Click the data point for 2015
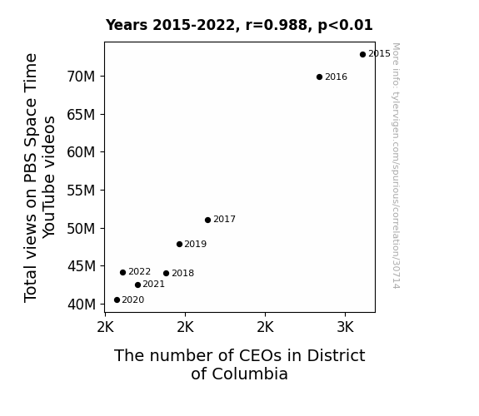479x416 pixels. (362, 55)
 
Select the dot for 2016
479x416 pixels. (320, 77)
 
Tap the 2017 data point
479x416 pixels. (207, 220)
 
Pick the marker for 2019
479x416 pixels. (179, 244)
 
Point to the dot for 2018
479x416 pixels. (166, 273)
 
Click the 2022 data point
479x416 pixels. (122, 272)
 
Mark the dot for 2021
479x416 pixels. (137, 285)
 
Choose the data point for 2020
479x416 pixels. (117, 300)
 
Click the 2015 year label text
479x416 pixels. (379, 54)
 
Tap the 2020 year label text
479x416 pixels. (133, 300)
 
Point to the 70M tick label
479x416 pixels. (81, 77)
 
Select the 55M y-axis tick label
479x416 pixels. (81, 191)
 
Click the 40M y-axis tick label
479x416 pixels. (82, 305)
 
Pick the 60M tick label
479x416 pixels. (81, 152)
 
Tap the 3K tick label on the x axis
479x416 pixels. (345, 328)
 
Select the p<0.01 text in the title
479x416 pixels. (345, 26)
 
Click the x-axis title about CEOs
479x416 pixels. (240, 364)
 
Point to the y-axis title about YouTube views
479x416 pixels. (39, 178)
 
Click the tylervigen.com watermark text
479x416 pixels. (396, 166)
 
